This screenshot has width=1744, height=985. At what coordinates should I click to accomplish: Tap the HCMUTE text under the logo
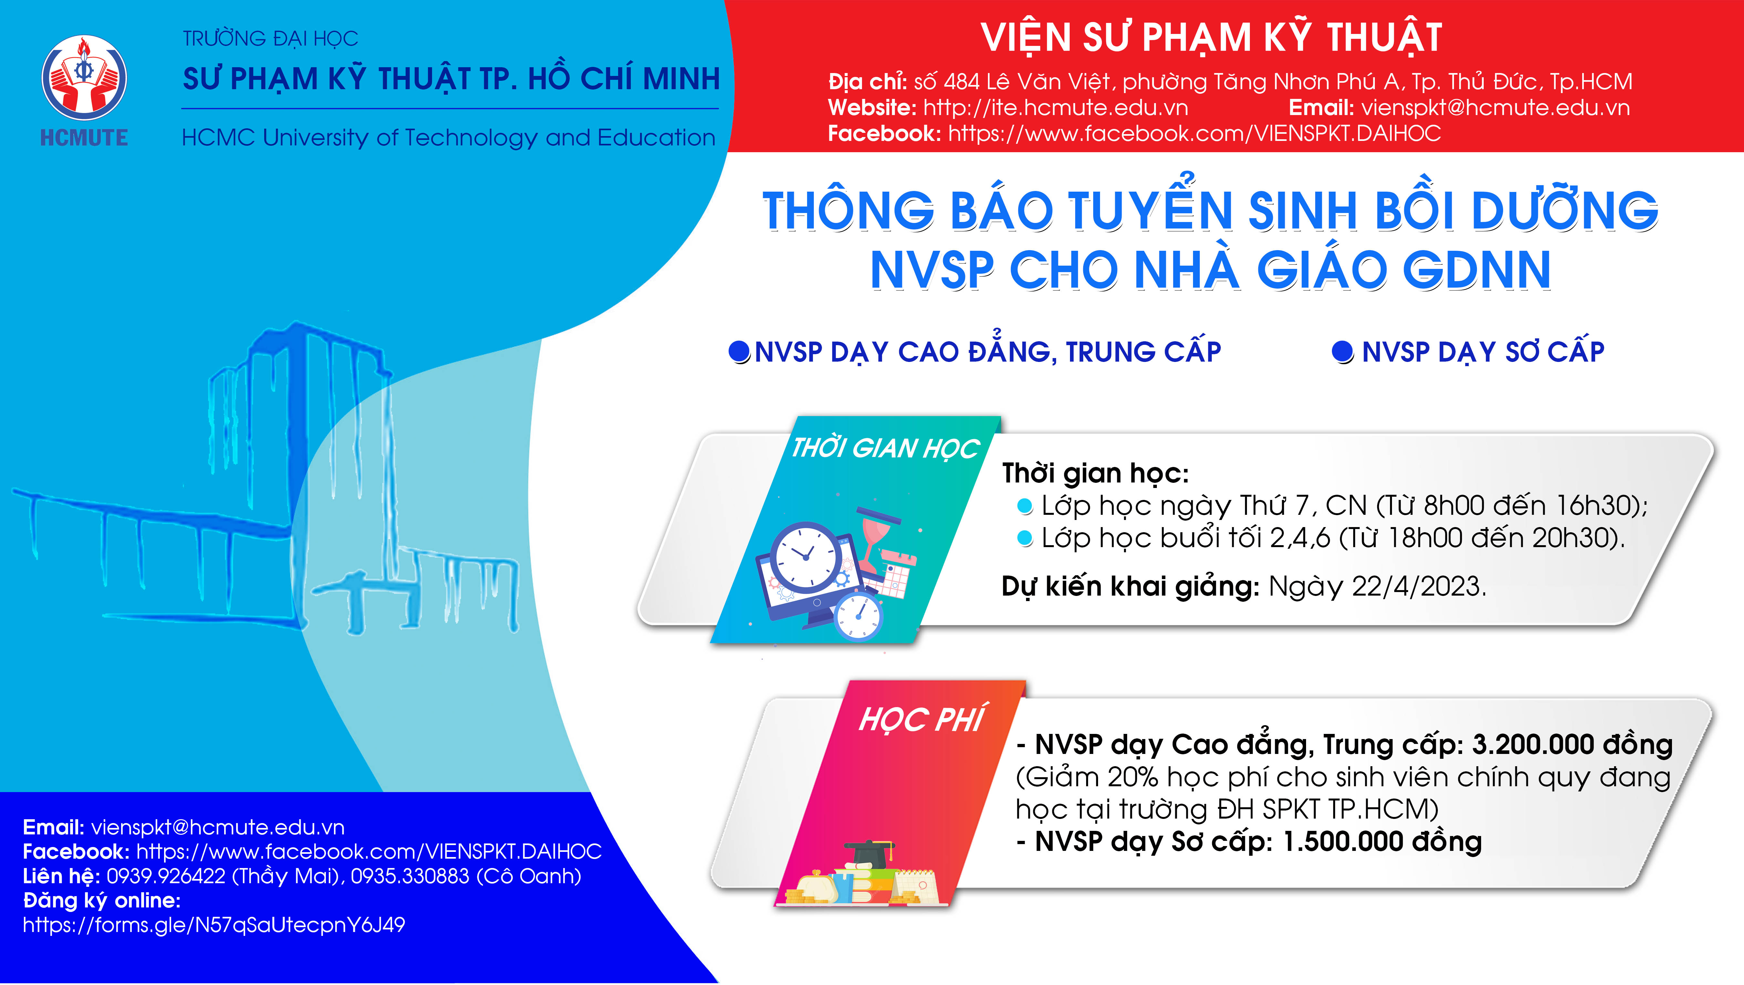[84, 138]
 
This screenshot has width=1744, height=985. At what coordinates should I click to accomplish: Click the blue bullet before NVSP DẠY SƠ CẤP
[1343, 352]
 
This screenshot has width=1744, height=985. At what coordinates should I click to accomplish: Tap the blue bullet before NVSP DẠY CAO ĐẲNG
[739, 352]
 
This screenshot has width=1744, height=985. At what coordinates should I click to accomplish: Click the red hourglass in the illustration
[877, 539]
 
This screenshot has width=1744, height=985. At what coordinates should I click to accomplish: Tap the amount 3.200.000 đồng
[1572, 745]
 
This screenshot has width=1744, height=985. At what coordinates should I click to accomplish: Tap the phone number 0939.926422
[166, 876]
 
